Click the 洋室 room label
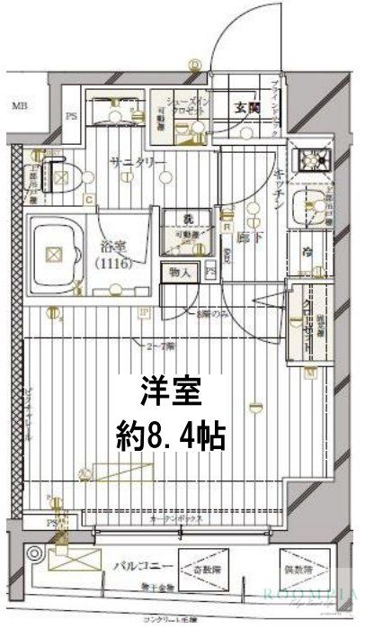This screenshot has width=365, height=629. [170, 393]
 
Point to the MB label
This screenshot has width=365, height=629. [18, 106]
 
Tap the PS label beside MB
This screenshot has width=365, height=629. [72, 115]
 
